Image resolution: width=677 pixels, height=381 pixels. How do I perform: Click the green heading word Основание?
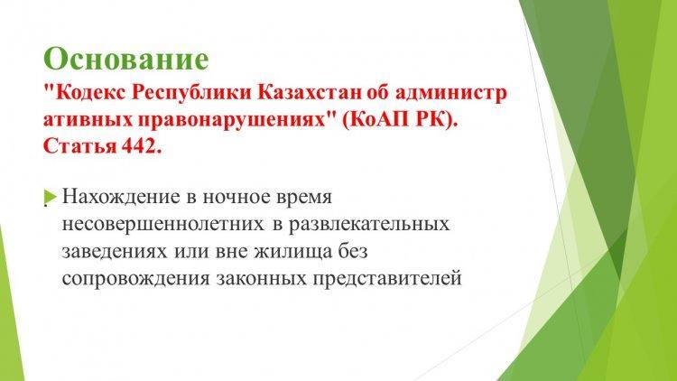pyautogui.click(x=126, y=59)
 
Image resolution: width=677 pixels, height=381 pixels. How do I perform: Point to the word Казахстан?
pyautogui.click(x=309, y=93)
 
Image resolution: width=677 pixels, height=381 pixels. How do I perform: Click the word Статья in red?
pyautogui.click(x=79, y=146)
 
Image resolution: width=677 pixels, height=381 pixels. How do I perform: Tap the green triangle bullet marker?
pyautogui.click(x=50, y=198)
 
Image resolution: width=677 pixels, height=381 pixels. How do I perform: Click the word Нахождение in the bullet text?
pyautogui.click(x=121, y=197)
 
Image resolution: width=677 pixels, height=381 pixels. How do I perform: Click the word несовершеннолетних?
pyautogui.click(x=162, y=225)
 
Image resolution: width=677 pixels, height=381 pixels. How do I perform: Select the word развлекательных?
pyautogui.click(x=369, y=225)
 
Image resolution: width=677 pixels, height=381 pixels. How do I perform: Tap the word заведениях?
pyautogui.click(x=115, y=252)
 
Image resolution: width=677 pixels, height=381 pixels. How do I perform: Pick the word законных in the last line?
pyautogui.click(x=262, y=279)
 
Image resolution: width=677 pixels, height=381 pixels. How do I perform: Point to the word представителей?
pyautogui.click(x=387, y=279)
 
